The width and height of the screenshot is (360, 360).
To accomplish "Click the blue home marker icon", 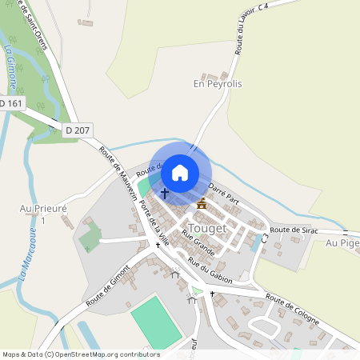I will coord(180,172).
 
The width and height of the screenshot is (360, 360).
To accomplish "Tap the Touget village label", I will coord(206,227).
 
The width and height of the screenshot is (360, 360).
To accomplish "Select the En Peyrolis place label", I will coord(218,83).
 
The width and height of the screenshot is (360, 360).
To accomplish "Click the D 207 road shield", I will coord(78,129).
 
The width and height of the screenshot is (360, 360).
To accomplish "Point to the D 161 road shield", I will coord(11,103).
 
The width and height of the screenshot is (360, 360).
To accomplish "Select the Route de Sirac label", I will coord(294,230).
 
